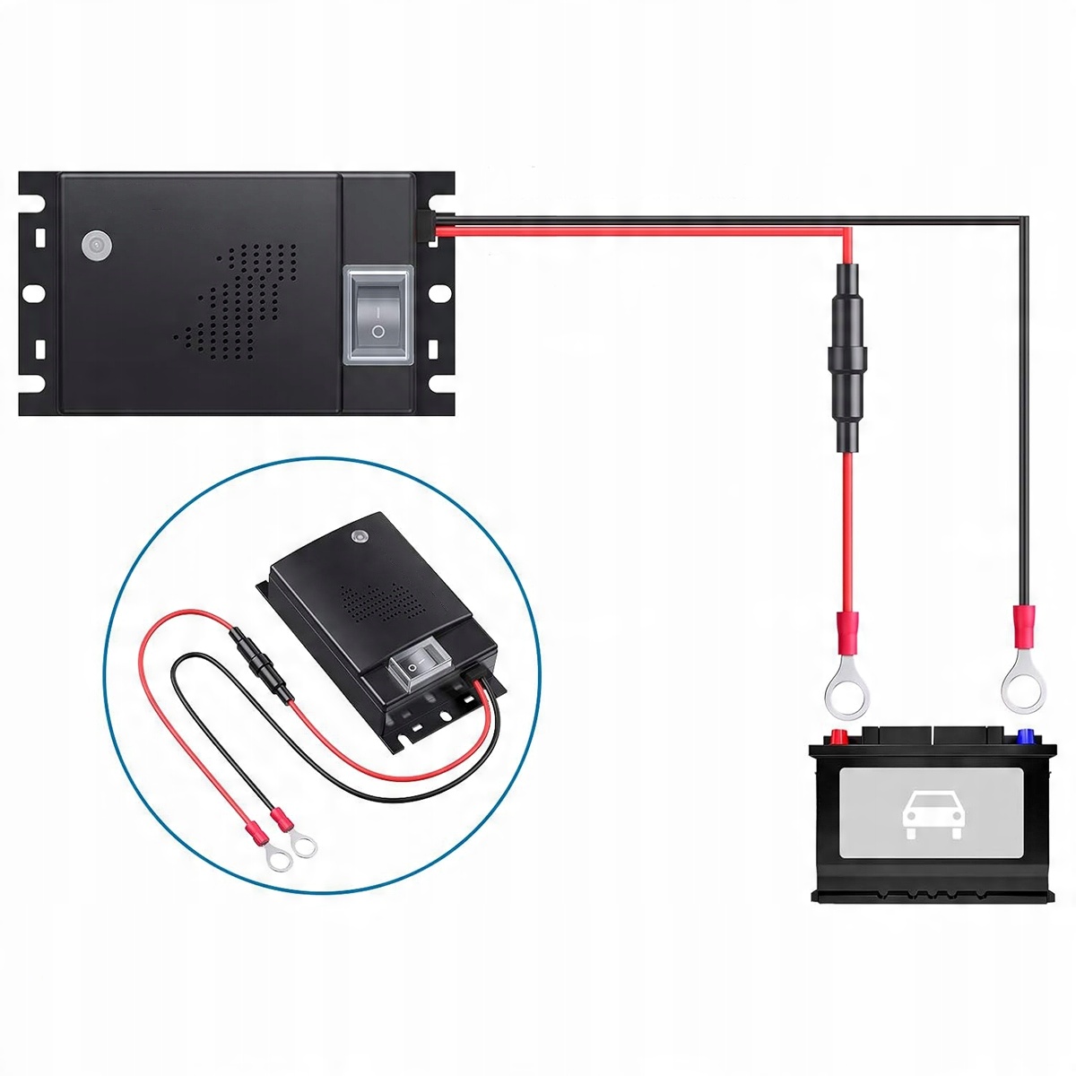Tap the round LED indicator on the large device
click(93, 245)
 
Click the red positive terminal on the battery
click(840, 738)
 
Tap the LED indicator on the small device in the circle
click(360, 535)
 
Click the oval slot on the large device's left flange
click(34, 292)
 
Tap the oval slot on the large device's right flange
click(439, 292)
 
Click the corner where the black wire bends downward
click(1023, 219)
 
